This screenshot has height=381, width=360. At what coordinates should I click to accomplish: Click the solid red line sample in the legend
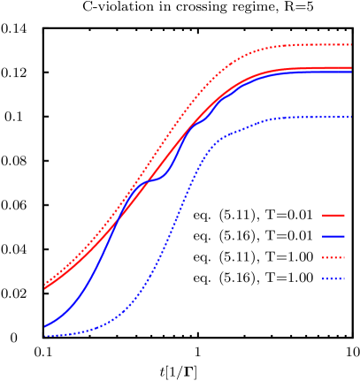(333, 216)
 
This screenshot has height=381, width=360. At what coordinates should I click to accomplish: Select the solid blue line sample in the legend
(333, 237)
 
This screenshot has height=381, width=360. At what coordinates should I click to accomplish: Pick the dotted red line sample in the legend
(333, 258)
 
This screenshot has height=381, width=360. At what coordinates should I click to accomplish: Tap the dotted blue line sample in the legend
(333, 279)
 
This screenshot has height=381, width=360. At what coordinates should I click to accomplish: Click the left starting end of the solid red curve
(45, 287)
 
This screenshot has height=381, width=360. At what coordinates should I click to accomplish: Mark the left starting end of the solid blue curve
(45, 326)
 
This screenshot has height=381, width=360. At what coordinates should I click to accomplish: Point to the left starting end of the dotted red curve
(45, 284)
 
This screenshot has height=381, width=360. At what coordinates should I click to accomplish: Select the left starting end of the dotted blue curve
(45, 336)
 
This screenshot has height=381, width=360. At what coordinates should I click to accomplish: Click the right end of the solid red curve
(351, 68)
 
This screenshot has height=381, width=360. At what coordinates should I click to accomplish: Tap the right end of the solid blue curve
(351, 72)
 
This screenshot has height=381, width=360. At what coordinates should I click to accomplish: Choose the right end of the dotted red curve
(351, 44)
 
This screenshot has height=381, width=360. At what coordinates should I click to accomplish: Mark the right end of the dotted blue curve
(351, 117)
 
